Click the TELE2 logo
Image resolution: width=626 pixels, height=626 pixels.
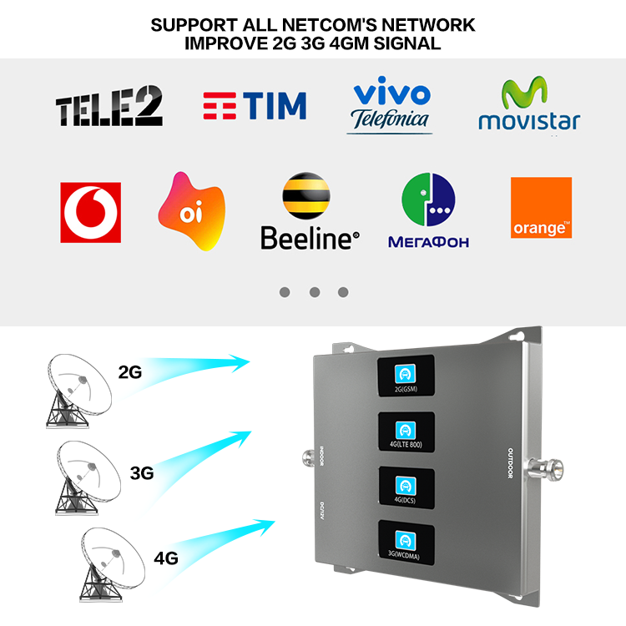tap(109, 108)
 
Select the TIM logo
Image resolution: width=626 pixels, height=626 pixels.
tap(255, 106)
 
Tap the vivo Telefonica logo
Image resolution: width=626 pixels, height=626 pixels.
tap(390, 107)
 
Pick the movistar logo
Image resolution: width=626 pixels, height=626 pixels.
tap(528, 106)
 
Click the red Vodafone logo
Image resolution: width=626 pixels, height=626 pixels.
tap(90, 212)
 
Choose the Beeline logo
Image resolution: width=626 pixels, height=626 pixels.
tap(309, 213)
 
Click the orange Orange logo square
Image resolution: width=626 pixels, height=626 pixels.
tap(541, 208)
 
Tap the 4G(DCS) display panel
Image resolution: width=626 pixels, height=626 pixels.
tap(406, 487)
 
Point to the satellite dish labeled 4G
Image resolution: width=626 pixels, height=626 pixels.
tap(109, 568)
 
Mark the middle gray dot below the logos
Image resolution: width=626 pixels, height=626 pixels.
tap(314, 292)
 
